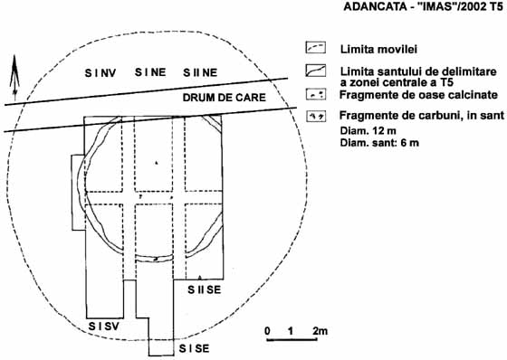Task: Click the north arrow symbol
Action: pos(14,78)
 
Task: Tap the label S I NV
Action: pos(100,73)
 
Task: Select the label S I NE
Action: pos(150,72)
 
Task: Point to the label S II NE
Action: pos(200,72)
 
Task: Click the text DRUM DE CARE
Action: pos(225,98)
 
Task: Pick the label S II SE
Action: pos(205,289)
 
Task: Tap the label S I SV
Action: pos(104,327)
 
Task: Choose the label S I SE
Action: pos(194,348)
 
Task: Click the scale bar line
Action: pos(292,339)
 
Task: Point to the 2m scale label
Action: pos(320,331)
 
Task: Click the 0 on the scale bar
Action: pos(267,331)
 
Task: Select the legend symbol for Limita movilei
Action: pos(316,48)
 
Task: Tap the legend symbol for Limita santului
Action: pos(316,71)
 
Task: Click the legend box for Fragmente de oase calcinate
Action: pos(316,95)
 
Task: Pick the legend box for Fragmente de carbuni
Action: pos(316,117)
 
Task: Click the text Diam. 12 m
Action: pos(368,131)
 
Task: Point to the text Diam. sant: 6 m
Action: pos(379,142)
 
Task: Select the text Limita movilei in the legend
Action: pos(378,49)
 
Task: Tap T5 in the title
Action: pos(496,6)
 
